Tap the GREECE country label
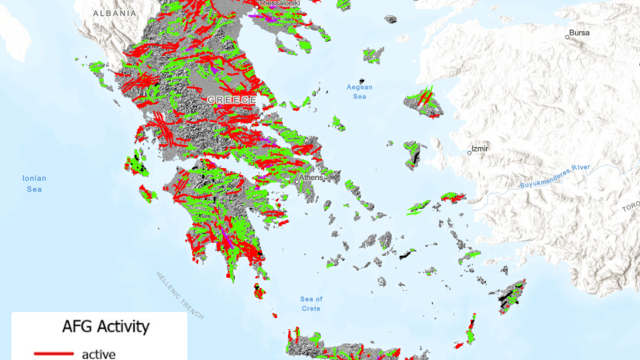(232, 102)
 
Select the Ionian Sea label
(34, 183)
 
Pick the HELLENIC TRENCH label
(181, 295)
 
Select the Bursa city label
(578, 33)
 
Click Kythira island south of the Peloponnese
(259, 291)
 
